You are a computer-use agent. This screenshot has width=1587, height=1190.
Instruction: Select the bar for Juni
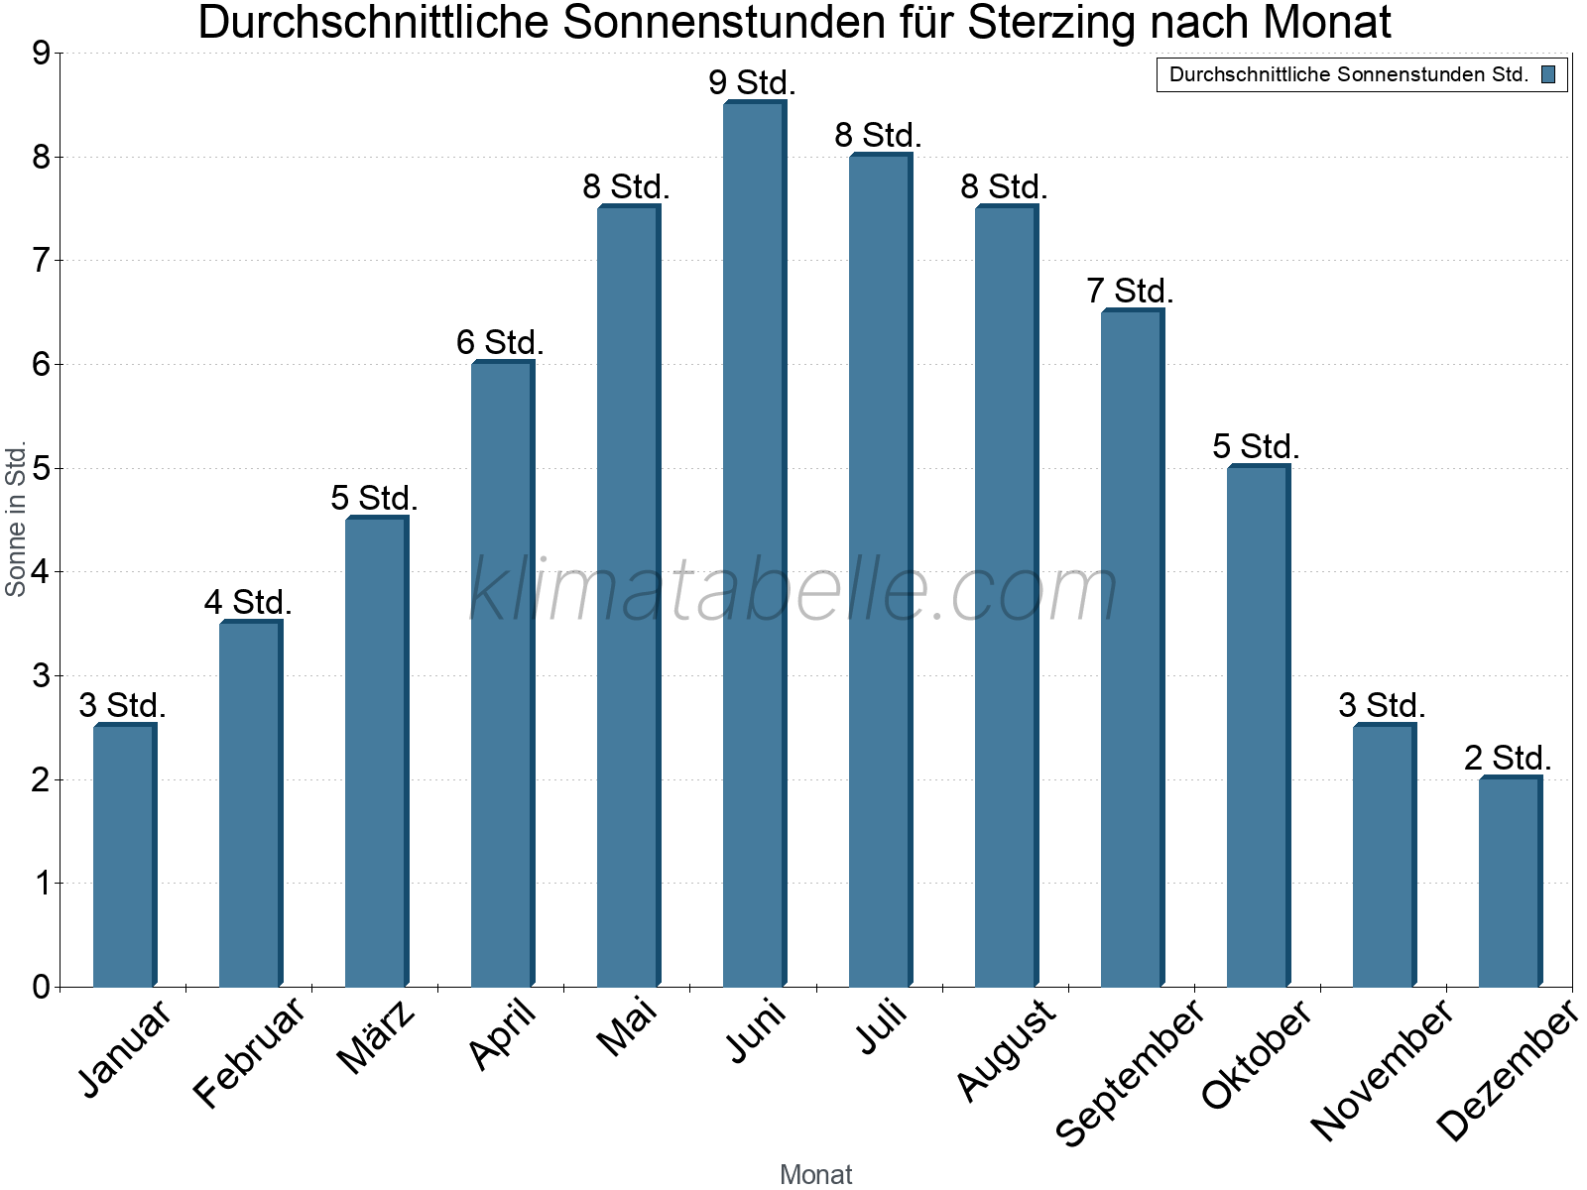[754, 545]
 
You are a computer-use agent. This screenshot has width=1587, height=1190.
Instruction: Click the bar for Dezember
[1510, 883]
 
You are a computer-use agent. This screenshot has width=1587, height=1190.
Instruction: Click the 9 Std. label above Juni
[752, 82]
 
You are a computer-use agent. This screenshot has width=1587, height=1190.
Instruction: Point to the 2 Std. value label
[1507, 758]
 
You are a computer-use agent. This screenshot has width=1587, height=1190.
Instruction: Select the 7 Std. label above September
[1130, 291]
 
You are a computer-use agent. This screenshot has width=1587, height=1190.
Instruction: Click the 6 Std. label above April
[500, 342]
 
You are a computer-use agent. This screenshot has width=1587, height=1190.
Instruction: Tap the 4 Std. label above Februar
[248, 602]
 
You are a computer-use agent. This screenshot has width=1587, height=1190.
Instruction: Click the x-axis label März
[377, 1037]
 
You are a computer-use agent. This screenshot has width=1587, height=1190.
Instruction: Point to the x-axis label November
[1382, 1069]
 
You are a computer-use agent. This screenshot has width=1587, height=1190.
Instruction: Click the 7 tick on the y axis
[41, 261]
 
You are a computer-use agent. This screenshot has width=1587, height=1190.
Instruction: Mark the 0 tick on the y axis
[41, 987]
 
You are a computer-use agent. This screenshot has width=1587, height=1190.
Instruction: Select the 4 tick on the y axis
[41, 572]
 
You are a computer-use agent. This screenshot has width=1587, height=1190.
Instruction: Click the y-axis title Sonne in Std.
[16, 519]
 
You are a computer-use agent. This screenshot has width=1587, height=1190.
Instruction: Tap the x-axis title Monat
[815, 1174]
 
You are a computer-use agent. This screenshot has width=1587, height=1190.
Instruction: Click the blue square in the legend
[1548, 74]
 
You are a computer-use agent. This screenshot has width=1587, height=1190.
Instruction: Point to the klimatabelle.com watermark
[793, 591]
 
